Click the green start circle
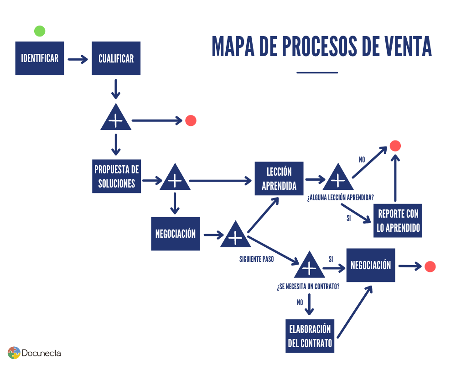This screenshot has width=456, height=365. [40, 31]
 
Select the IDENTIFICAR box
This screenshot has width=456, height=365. [40, 58]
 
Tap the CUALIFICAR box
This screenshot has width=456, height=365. [116, 58]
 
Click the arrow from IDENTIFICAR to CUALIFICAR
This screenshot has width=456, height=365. [78, 59]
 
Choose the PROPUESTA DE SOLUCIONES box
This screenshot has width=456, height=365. [116, 176]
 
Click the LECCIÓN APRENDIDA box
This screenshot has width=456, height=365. [279, 178]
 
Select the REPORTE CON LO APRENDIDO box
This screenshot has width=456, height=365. [398, 221]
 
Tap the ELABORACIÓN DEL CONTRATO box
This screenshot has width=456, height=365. [310, 336]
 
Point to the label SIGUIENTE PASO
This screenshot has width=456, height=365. [257, 259]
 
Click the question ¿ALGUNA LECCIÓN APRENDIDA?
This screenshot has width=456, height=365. [341, 198]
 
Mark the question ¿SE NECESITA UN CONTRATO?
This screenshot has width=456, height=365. [308, 287]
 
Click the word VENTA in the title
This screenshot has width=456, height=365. [402, 46]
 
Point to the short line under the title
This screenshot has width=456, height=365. [317, 72]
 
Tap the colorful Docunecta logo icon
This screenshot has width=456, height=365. [14, 353]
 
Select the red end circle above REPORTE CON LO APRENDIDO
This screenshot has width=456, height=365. [395, 146]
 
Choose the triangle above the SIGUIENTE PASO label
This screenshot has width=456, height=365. [235, 236]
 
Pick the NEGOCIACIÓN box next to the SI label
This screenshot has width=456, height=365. [370, 265]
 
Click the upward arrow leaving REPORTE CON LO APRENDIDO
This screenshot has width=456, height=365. [395, 178]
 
